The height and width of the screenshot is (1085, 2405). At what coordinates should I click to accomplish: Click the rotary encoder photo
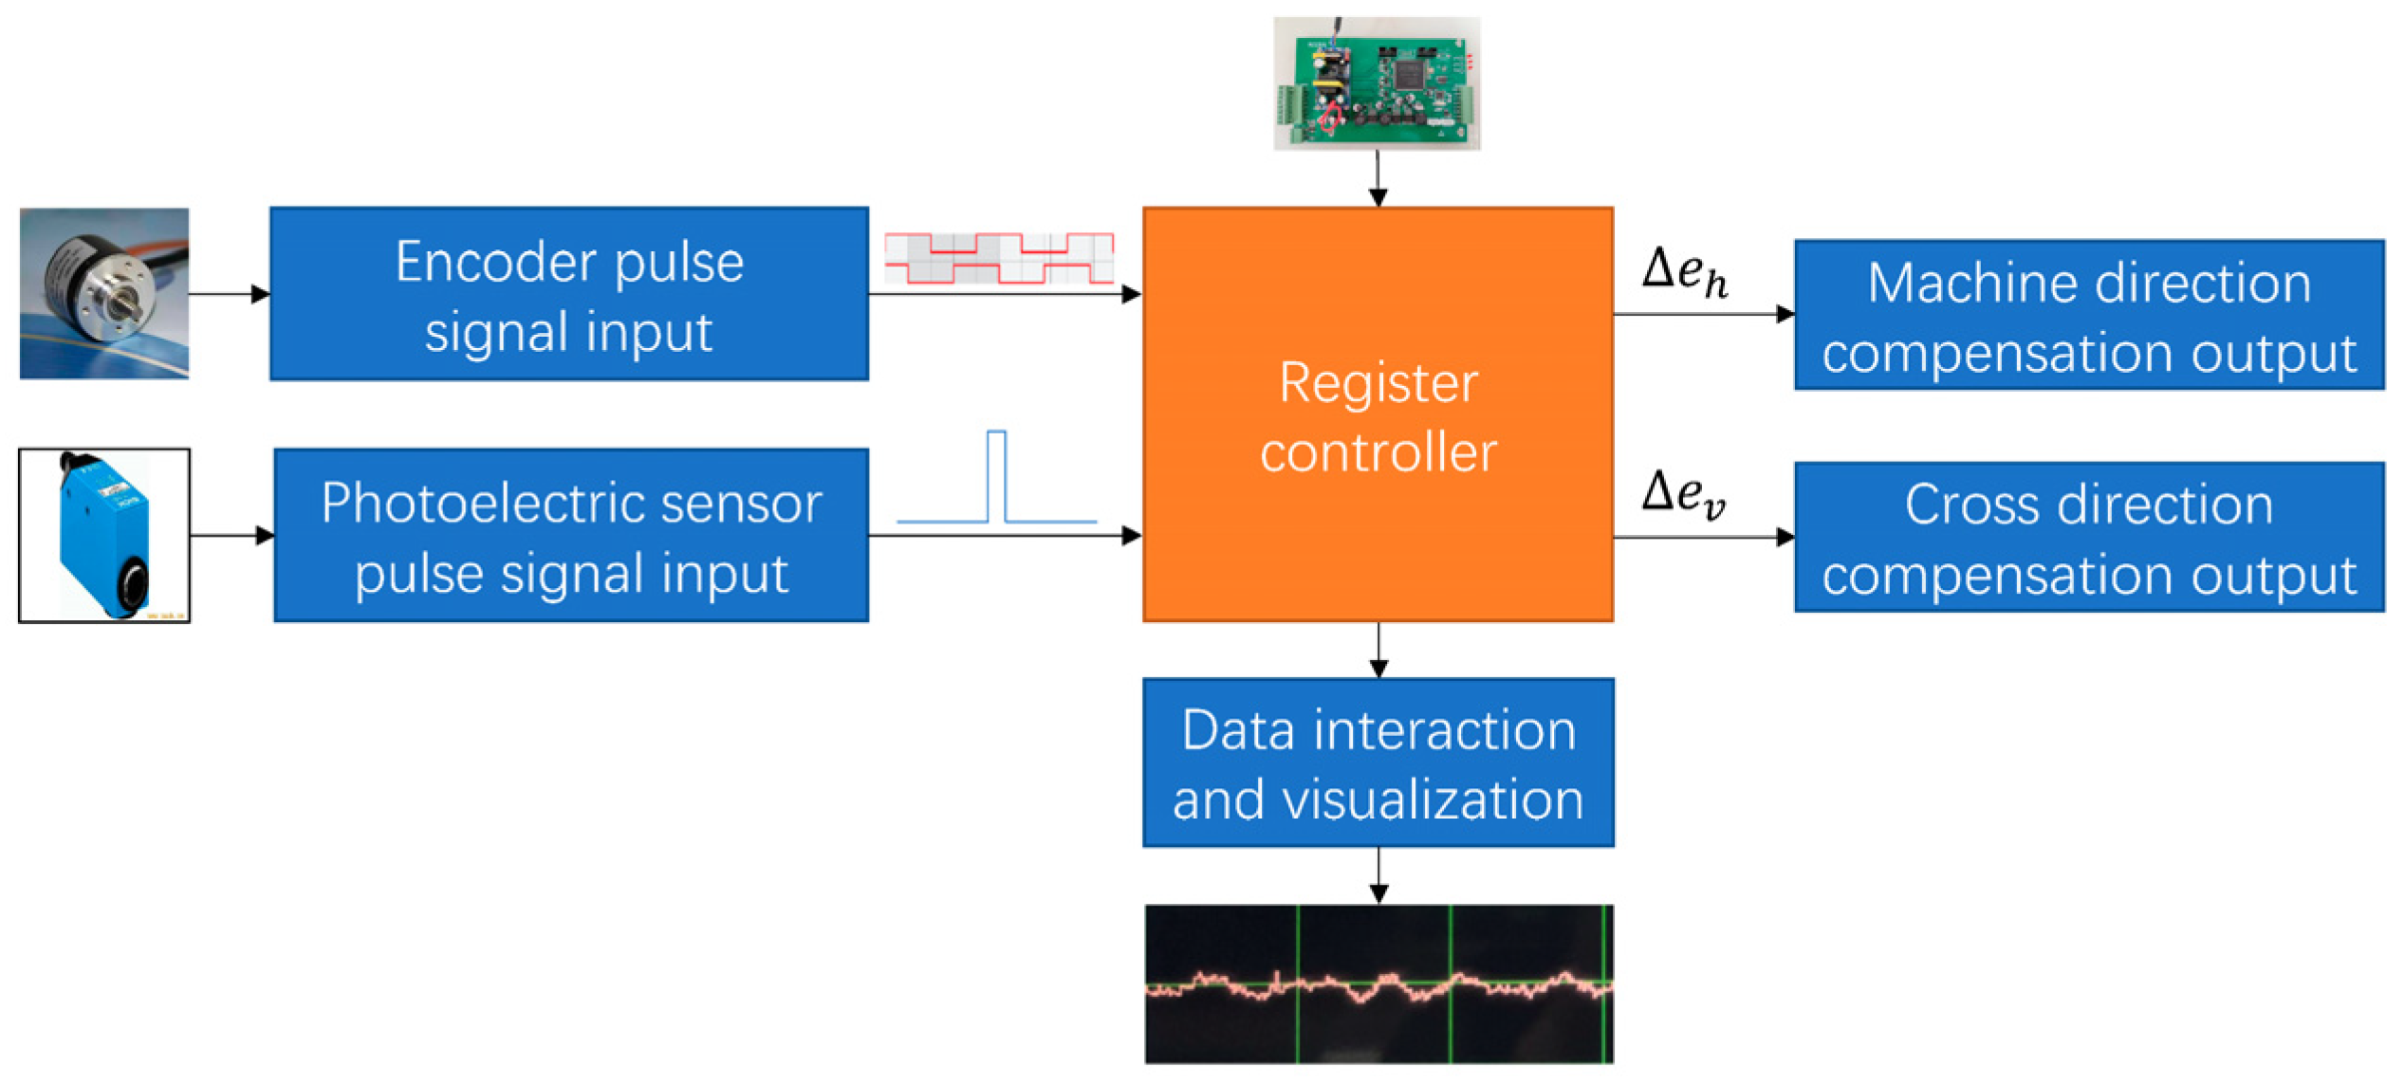point(104,294)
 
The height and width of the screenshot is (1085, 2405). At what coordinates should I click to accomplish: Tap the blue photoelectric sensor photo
point(104,536)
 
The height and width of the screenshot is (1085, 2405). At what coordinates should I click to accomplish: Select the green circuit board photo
point(1378,83)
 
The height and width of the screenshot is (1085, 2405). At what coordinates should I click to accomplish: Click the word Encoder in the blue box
point(502,262)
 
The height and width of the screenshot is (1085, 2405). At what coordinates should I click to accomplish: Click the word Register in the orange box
point(1378,384)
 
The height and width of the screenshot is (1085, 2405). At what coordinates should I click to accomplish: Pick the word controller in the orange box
point(1378,452)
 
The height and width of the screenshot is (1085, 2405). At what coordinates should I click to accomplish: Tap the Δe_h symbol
point(1685,272)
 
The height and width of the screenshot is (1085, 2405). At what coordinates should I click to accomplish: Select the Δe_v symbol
point(1684,494)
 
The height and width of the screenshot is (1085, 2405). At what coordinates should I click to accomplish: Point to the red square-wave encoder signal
point(999,258)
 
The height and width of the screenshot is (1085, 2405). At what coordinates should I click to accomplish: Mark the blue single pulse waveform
point(996,477)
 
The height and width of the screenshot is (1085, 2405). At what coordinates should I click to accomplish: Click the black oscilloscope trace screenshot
point(1378,984)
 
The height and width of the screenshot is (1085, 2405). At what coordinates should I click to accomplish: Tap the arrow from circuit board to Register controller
point(1378,178)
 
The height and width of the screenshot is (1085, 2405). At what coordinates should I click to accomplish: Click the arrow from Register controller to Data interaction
point(1378,651)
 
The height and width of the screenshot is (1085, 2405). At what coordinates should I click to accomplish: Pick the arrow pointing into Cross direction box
point(1704,538)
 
